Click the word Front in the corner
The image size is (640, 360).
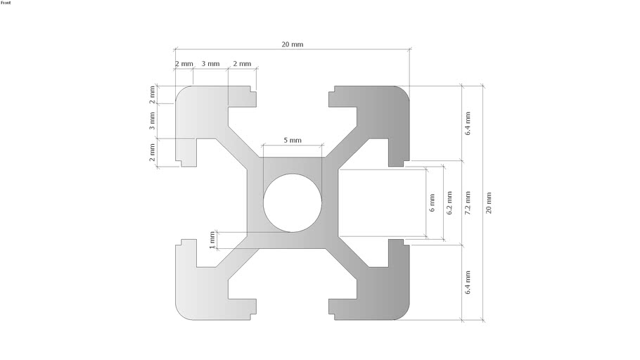click(6, 3)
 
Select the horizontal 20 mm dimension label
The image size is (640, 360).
click(293, 44)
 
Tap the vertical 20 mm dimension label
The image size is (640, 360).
click(489, 203)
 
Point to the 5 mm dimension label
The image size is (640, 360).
click(293, 140)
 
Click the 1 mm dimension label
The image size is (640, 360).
click(212, 240)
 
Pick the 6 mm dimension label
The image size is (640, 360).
click(433, 203)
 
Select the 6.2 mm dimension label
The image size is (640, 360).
click(449, 203)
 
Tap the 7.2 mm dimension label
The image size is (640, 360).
click(468, 203)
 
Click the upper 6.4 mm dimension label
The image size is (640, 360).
click(468, 123)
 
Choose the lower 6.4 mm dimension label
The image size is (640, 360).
click(468, 282)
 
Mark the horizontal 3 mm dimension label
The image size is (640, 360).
click(210, 64)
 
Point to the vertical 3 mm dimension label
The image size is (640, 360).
click(152, 121)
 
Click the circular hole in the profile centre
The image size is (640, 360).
click(293, 203)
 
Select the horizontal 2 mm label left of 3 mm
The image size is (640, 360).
click(184, 64)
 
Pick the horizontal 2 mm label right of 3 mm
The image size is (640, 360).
click(242, 64)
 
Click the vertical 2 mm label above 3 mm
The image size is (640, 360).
click(152, 95)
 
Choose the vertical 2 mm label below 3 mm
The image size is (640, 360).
click(152, 153)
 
